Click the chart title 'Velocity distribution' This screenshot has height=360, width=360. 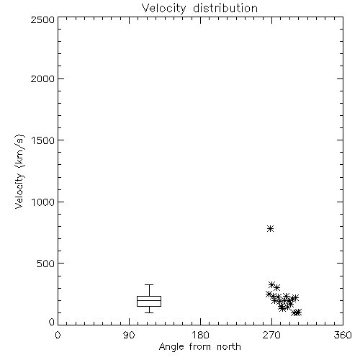click(199, 9)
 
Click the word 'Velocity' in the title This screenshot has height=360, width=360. click(163, 9)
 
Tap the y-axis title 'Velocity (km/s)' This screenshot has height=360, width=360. click(19, 171)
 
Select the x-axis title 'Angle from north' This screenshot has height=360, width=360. click(200, 347)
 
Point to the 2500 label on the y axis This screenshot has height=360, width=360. click(42, 19)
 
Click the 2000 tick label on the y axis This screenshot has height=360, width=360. click(42, 78)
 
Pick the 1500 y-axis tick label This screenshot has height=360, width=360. click(43, 140)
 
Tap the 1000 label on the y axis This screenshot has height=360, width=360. click(43, 202)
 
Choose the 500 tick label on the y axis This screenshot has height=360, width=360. click(46, 264)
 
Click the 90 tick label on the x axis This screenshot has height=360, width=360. click(129, 335)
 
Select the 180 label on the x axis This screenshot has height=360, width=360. click(200, 335)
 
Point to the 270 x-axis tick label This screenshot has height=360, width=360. click(271, 335)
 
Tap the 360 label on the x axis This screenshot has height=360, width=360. click(343, 335)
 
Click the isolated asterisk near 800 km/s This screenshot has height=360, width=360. click(271, 228)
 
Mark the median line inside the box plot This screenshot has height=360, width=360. click(149, 300)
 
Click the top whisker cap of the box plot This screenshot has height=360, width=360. click(149, 285)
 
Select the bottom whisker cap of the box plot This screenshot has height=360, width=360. click(149, 312)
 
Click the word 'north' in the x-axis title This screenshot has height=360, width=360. click(229, 347)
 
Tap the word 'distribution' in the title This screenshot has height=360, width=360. click(225, 9)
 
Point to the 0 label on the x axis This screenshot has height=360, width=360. click(58, 335)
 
